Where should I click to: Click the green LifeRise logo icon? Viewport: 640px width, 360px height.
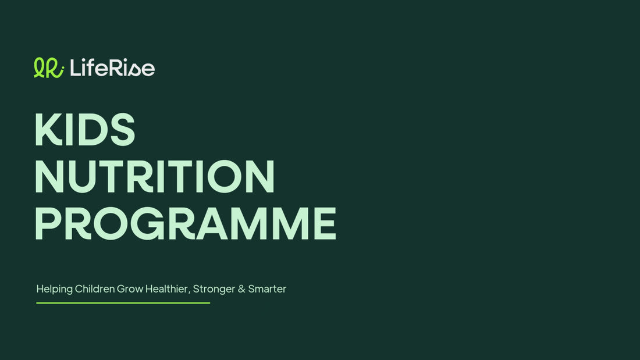click(48, 68)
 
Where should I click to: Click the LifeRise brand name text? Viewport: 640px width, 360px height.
click(112, 67)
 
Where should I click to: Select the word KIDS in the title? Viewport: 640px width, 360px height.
click(85, 129)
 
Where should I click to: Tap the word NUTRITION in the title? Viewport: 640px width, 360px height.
click(155, 176)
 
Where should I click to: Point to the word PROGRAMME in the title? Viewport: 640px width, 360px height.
click(186, 223)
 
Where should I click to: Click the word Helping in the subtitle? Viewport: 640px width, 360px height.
click(54, 289)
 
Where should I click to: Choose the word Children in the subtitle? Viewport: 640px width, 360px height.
click(95, 288)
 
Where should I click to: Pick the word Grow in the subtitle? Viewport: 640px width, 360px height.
click(130, 289)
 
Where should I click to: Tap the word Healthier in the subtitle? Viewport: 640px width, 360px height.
click(166, 288)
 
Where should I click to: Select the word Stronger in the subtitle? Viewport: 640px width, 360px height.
click(214, 289)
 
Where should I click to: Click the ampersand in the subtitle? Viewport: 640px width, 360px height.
click(241, 289)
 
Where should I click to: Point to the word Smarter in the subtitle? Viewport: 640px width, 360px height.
click(268, 289)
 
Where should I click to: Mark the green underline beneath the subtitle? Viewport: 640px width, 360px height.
click(123, 303)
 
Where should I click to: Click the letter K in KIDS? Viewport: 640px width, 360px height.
click(48, 129)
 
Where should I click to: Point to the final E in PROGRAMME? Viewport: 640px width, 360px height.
click(325, 223)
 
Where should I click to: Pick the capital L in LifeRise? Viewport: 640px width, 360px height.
click(76, 67)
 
